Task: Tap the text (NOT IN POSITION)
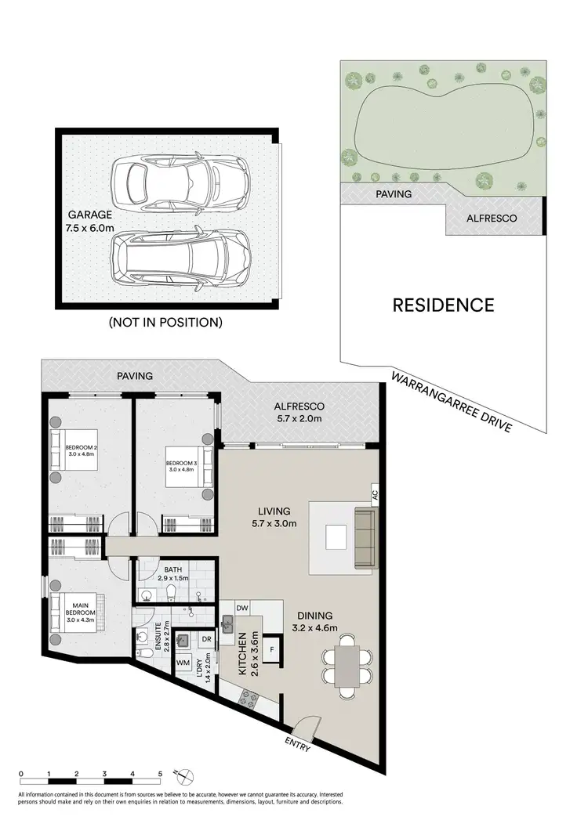[165, 322]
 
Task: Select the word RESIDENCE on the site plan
[443, 305]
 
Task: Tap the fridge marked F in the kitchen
[271, 649]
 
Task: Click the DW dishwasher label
[242, 608]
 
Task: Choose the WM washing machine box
[183, 663]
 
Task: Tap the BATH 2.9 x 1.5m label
[172, 576]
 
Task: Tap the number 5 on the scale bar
[160, 772]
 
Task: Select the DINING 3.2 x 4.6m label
[314, 621]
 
